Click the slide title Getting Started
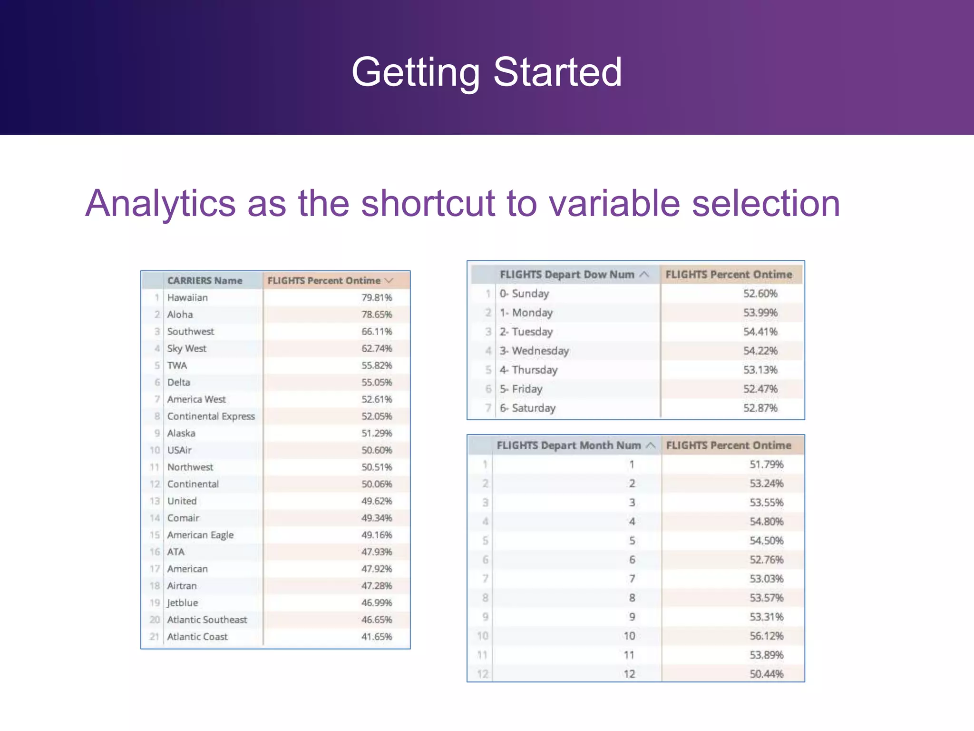point(487,72)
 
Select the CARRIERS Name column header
point(205,281)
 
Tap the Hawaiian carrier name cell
point(187,298)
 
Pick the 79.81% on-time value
point(377,298)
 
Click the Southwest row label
point(190,332)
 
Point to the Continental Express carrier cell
point(211,416)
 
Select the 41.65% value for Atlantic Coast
point(377,637)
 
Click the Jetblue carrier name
point(182,603)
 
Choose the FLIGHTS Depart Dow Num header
point(566,275)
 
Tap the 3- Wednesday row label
point(534,351)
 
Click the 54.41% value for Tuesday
point(760,332)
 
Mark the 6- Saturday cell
point(527,408)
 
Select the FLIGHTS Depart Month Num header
point(568,445)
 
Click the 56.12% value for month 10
point(766,636)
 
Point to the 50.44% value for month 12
point(766,674)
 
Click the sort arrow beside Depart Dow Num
point(644,275)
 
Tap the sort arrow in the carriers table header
point(389,281)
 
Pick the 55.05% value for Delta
point(377,383)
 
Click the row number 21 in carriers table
point(154,637)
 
